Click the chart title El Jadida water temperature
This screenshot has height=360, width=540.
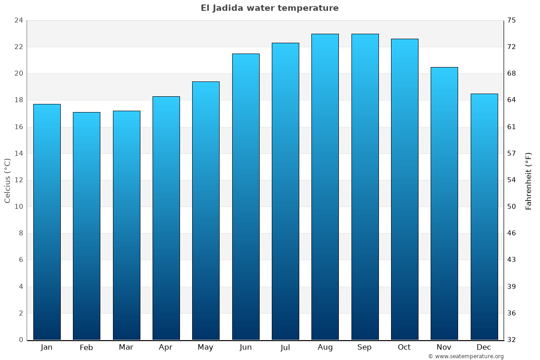click(270, 8)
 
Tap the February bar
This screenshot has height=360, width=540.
click(86, 226)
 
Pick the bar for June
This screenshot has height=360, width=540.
click(246, 197)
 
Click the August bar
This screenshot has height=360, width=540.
click(325, 187)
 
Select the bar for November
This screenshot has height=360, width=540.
click(444, 203)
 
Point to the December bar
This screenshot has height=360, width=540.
click(484, 216)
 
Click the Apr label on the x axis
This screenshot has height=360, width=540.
click(166, 347)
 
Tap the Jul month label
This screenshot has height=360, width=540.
click(285, 347)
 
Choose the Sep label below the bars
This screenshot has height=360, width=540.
click(364, 347)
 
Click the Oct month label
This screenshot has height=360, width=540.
click(404, 347)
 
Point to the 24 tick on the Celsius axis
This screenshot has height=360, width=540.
click(18, 20)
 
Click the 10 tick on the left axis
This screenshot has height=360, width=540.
click(18, 207)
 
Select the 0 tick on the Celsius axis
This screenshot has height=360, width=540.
click(21, 340)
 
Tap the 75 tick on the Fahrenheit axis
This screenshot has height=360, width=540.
click(512, 20)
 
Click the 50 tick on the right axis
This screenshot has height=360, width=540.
click(512, 207)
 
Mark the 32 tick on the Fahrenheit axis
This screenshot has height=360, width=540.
click(512, 340)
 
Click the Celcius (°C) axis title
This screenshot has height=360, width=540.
click(7, 180)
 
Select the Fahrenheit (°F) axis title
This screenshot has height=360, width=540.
click(529, 180)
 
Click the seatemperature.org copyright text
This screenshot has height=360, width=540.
click(466, 356)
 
